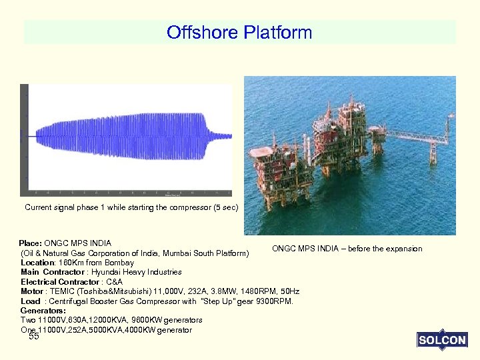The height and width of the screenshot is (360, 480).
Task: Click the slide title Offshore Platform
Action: pos(239,32)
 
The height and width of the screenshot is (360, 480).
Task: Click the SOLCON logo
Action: pos(442,340)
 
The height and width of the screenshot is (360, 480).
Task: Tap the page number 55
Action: pos(34,337)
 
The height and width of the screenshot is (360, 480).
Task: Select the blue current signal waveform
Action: pos(127,135)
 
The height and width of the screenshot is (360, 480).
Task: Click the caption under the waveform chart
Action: pos(131,207)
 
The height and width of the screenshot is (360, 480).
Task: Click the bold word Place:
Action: pos(31,243)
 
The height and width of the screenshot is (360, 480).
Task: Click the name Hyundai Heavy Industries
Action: pos(145,272)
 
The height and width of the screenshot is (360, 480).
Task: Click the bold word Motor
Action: pos(31,291)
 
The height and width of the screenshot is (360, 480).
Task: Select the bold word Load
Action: pos(30,301)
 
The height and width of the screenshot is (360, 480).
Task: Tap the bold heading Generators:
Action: pos(43,311)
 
